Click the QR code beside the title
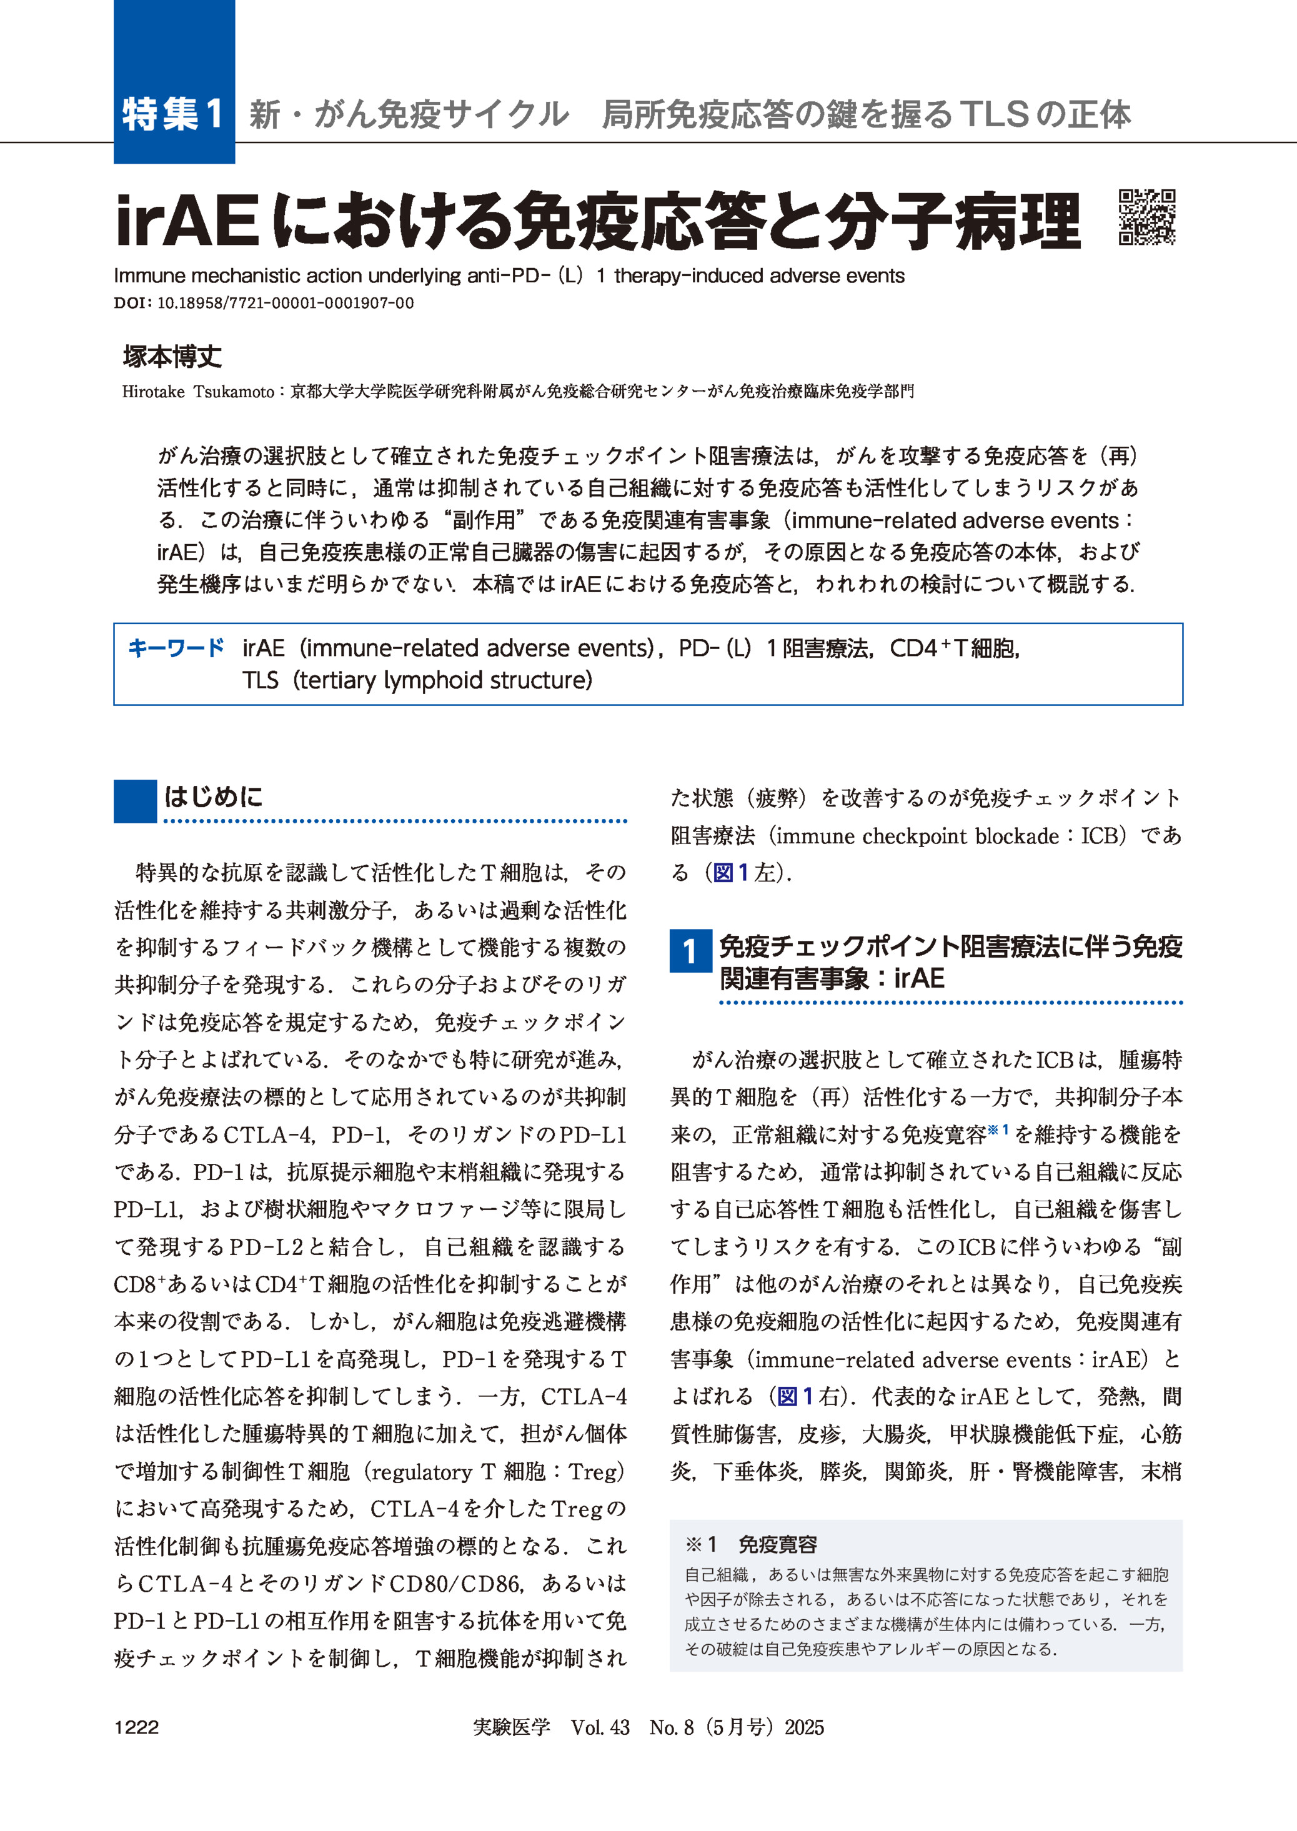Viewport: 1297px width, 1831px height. tap(1147, 216)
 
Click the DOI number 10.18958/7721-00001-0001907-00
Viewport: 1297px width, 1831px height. tap(285, 302)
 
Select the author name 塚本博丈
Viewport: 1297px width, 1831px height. tap(172, 356)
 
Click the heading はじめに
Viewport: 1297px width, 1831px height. tap(213, 796)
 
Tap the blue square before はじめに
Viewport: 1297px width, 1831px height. tap(135, 801)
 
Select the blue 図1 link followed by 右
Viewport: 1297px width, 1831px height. tap(795, 1397)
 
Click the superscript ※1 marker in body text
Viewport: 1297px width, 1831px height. tap(998, 1130)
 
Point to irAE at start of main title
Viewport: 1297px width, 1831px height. tap(187, 222)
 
